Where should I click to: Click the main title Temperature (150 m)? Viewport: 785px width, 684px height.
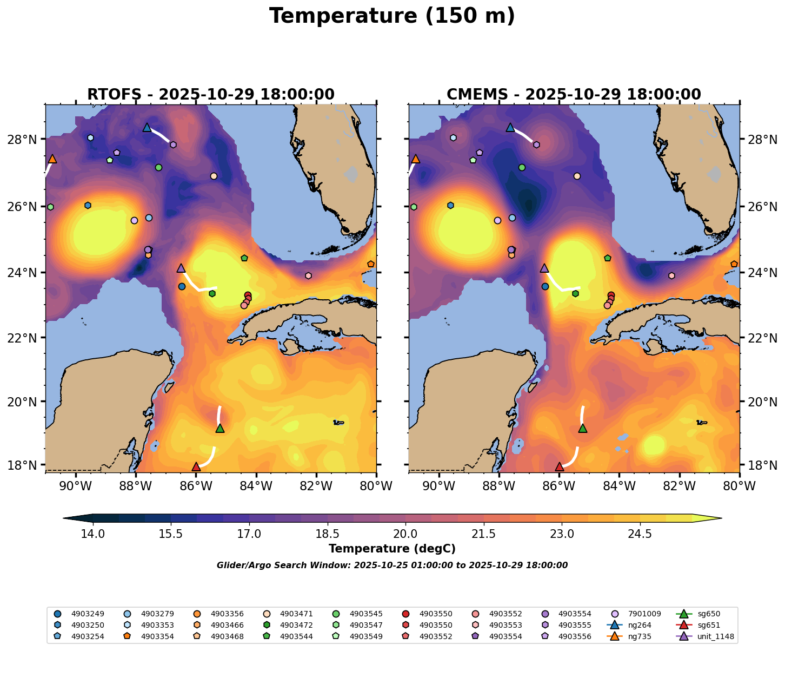(392, 16)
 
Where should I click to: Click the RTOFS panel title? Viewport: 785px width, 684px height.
(211, 95)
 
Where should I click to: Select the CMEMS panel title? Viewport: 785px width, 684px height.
(574, 95)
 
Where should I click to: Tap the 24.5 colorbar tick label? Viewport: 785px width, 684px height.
(640, 534)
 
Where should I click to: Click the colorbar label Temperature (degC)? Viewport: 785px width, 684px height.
(392, 549)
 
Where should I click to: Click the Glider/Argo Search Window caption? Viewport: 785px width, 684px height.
(392, 565)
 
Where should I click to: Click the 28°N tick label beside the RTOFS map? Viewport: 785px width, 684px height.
(30, 140)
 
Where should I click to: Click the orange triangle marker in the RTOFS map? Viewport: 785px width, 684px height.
(52, 159)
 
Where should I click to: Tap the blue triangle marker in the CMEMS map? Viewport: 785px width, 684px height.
(510, 128)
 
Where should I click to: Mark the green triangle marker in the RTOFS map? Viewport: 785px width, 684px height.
(219, 428)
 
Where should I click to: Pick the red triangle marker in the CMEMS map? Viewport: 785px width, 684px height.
(559, 466)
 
